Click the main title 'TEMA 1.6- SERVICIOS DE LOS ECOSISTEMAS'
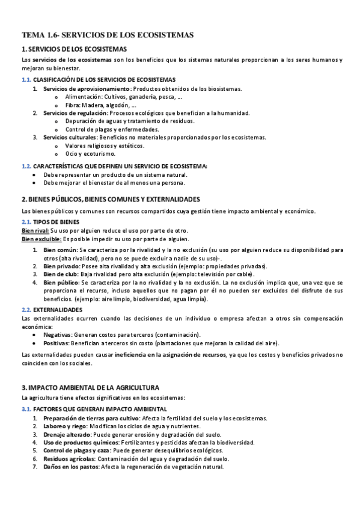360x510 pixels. tap(108, 35)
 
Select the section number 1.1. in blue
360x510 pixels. tap(26, 79)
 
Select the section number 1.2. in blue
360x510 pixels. tap(26, 166)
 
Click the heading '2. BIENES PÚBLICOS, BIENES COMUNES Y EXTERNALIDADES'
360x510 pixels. tap(110, 199)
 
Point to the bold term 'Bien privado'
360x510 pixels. tap(60, 266)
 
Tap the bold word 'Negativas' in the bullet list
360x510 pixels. tap(57, 334)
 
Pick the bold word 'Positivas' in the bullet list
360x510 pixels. tap(56, 343)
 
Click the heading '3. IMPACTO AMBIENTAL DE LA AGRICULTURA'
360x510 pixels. tap(90, 388)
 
